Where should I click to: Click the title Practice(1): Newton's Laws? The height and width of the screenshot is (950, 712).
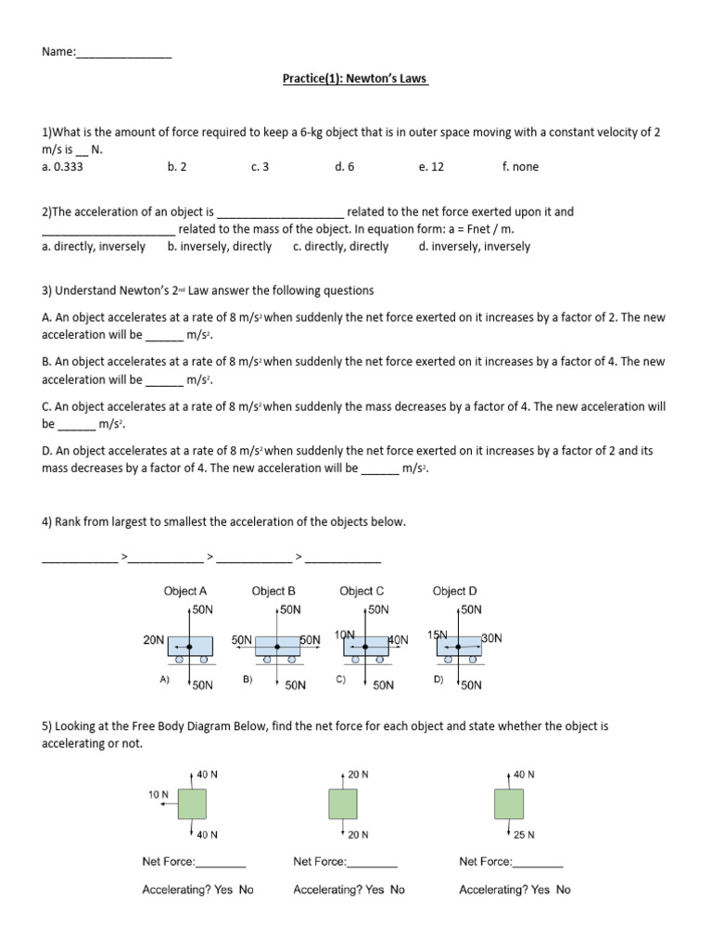355,79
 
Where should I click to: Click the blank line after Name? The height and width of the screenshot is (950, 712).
123,54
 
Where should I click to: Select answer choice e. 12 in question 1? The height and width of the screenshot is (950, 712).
431,167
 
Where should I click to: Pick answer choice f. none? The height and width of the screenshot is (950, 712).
519,167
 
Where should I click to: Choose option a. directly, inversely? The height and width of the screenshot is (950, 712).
94,247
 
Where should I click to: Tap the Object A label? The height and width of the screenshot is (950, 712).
185,591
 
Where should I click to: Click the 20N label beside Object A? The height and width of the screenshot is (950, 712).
153,640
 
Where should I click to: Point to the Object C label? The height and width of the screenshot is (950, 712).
362,591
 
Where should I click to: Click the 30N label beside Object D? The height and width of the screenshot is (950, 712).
491,638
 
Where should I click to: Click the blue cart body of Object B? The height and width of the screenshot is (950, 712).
277,646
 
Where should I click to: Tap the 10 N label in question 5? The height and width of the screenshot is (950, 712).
159,794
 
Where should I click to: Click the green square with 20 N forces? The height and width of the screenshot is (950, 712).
342,803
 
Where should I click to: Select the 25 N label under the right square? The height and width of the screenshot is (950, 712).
525,834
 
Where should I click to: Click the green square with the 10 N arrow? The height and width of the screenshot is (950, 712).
193,803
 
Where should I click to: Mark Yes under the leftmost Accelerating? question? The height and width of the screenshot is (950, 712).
222,890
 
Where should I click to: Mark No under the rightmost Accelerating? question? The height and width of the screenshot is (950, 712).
563,890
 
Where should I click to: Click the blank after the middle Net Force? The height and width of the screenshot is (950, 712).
372,862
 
